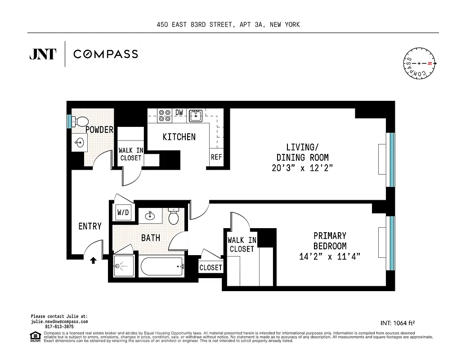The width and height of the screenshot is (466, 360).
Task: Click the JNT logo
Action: (43, 54)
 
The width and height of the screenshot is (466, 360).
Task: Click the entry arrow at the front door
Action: (93, 260)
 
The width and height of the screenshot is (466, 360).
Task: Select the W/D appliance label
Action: (123, 212)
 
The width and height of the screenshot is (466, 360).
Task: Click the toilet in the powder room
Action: (81, 121)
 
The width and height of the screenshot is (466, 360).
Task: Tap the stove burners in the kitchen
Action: (165, 116)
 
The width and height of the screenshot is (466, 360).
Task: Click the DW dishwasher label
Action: (179, 112)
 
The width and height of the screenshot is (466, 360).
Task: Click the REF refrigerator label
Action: (216, 157)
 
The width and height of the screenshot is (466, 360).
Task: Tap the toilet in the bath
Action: (173, 217)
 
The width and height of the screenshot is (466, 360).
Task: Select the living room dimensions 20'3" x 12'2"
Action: (302, 168)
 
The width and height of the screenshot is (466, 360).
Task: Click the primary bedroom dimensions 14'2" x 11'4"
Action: (330, 256)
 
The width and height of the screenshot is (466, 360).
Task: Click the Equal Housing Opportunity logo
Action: (34, 335)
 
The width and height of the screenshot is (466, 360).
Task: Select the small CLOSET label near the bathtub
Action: (211, 267)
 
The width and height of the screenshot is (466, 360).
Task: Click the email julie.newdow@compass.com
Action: (59, 322)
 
